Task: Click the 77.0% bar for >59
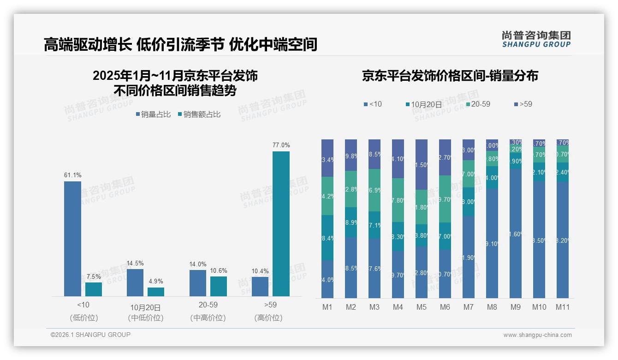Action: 281,224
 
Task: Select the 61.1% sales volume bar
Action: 72,239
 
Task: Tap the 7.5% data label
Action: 93,276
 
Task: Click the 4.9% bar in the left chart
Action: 156,292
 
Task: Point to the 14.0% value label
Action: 197,264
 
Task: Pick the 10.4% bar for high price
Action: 260,287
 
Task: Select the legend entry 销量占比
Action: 156,114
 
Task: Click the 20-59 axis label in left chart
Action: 208,305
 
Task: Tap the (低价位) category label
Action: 83,318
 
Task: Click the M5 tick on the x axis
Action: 421,307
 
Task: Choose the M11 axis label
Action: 562,307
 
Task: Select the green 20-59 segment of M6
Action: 445,199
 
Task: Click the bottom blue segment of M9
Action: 515,233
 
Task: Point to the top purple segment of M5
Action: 421,164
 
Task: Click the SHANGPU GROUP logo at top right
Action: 536,39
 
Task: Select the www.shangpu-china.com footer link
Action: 537,335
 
